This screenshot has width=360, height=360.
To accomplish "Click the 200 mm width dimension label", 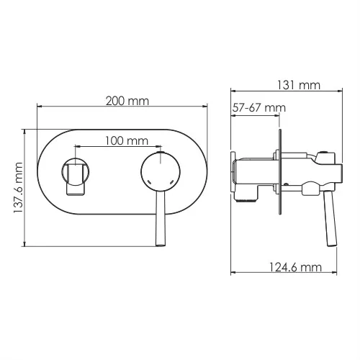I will (123, 101).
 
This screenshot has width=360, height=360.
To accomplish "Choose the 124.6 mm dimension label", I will (296, 267).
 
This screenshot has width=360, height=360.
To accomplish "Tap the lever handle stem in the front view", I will (158, 220).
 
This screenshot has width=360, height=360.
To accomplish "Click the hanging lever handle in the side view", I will (329, 220).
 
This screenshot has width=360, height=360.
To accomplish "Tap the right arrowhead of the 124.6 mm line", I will (331, 274).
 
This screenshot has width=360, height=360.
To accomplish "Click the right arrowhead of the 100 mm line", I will (156, 148).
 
